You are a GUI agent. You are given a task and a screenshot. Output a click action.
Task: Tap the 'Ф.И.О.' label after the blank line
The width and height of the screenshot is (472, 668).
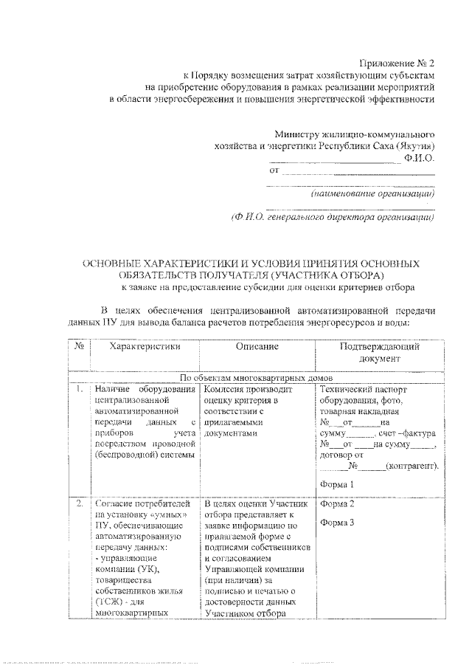tap(419, 158)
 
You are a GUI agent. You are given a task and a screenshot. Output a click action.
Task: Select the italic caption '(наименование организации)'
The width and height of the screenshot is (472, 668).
tap(373, 194)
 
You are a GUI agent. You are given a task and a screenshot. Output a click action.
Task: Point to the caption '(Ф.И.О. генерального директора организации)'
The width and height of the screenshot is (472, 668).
tap(333, 217)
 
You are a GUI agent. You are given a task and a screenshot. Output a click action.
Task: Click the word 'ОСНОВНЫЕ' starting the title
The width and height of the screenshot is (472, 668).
tap(112, 263)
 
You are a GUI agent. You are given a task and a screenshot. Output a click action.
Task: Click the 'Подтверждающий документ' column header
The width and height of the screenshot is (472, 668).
tap(380, 352)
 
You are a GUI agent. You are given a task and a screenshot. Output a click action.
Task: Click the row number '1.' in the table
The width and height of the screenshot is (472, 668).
tap(78, 388)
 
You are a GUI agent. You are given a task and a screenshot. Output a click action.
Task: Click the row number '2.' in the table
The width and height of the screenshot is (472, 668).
tap(78, 504)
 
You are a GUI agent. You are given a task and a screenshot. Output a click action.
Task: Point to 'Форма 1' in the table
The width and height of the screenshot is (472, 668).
tap(338, 484)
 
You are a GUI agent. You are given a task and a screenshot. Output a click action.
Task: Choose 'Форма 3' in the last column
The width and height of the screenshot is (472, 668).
tap(338, 523)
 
